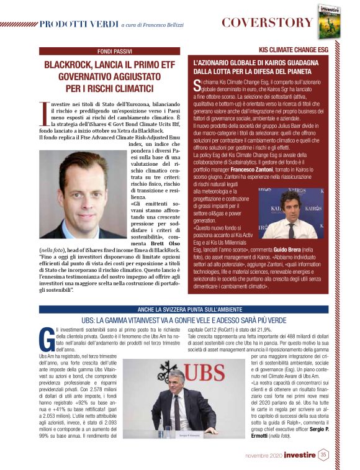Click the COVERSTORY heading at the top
point(267,23)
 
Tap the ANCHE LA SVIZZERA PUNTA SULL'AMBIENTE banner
point(179,309)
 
